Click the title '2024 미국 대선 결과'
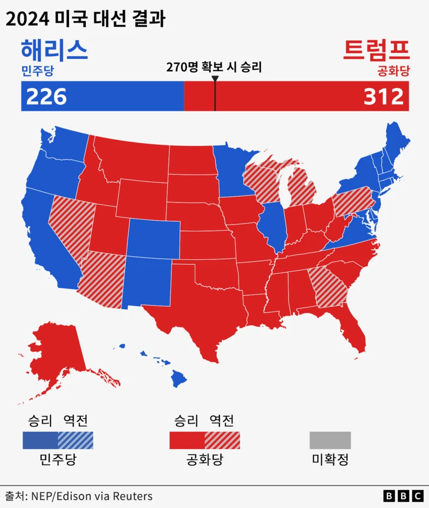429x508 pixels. (86, 20)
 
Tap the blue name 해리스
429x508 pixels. (54, 50)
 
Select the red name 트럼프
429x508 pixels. (376, 50)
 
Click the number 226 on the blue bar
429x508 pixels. (47, 97)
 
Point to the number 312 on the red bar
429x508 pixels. (383, 97)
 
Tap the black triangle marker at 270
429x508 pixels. (214, 79)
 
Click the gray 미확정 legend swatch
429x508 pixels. (330, 440)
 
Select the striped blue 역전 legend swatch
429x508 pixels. (76, 440)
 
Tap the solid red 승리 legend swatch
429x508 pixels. (187, 440)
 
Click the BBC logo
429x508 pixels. (403, 496)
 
